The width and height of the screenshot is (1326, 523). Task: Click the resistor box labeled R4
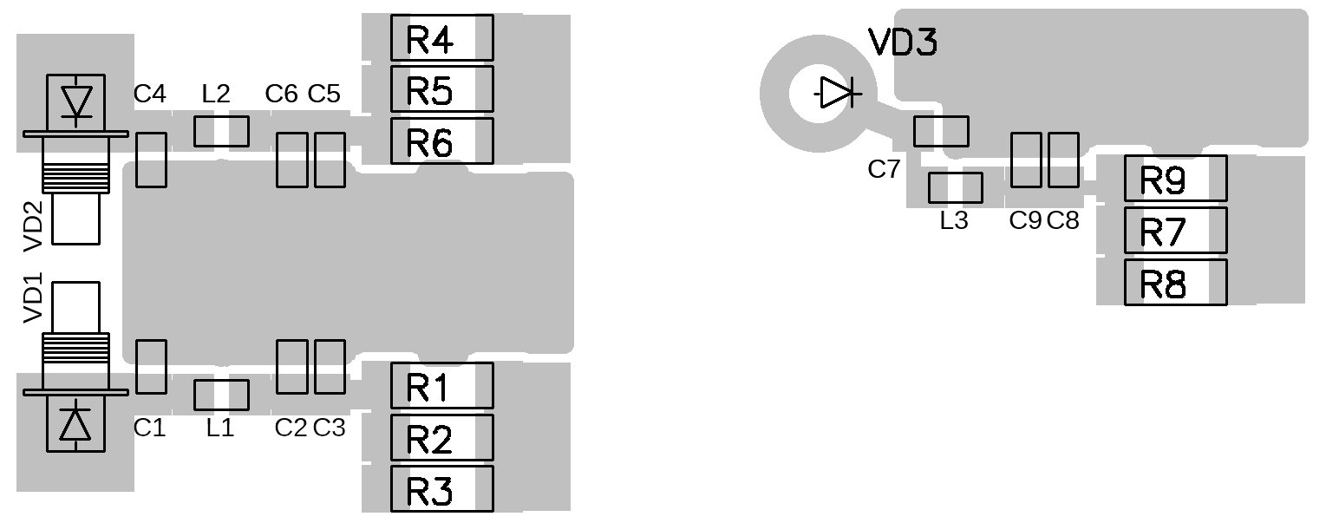(x=441, y=38)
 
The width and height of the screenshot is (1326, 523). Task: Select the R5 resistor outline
(x=441, y=89)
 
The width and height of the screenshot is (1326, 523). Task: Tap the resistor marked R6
(x=441, y=141)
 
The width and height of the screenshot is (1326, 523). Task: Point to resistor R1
(x=441, y=386)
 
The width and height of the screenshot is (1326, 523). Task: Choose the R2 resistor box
(x=441, y=438)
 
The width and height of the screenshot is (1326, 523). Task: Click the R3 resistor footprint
(x=441, y=489)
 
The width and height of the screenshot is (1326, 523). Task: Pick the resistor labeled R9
(x=1175, y=179)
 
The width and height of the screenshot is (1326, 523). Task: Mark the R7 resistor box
(x=1175, y=231)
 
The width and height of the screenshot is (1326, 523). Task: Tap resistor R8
(x=1175, y=283)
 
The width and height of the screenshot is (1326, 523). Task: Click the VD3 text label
(x=903, y=42)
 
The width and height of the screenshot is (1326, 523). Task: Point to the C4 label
(x=150, y=94)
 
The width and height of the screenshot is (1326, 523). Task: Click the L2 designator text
(x=216, y=94)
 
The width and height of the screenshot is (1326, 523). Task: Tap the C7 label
(x=885, y=169)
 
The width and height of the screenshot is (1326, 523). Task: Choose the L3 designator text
(x=954, y=221)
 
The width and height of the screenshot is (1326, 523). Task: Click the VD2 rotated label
(x=33, y=226)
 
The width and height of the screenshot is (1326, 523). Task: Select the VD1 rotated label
(x=33, y=297)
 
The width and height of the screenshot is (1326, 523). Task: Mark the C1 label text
(x=149, y=427)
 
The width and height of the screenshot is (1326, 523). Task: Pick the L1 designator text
(x=220, y=427)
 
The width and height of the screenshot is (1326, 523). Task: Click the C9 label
(x=1025, y=221)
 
